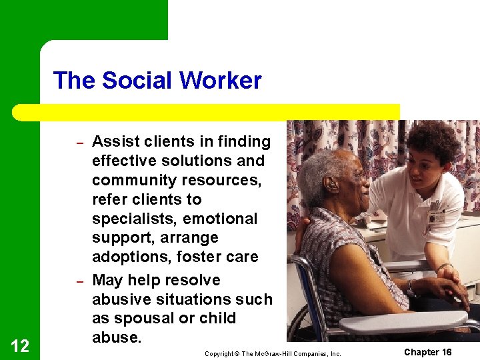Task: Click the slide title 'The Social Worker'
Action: pos(157,81)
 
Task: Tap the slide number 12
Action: pos(20,345)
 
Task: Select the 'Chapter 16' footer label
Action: pos(427,352)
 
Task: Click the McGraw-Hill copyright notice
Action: pos(273,353)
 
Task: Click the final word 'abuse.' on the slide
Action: pos(117,337)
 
